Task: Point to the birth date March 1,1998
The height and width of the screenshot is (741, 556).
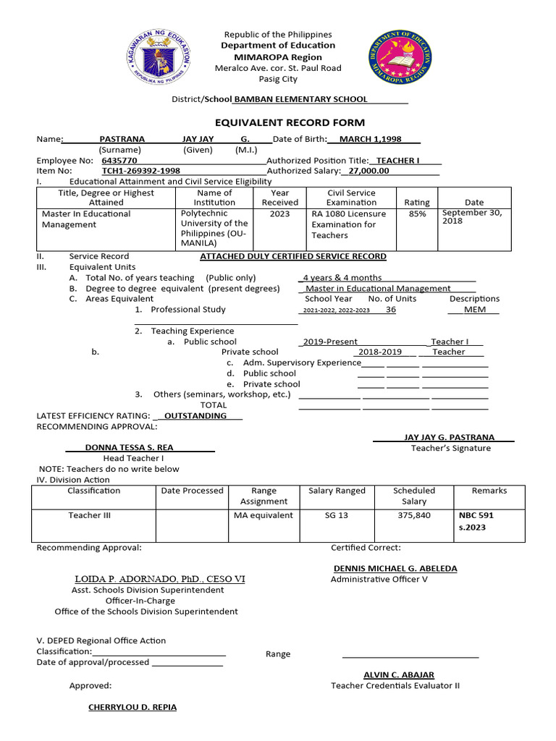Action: [370, 139]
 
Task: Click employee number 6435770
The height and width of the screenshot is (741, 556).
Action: [120, 160]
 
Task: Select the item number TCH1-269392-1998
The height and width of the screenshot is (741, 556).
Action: [141, 171]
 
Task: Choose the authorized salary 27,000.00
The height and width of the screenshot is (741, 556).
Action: [368, 171]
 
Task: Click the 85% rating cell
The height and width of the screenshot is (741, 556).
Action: [416, 214]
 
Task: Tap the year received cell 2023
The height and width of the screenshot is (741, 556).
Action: [279, 214]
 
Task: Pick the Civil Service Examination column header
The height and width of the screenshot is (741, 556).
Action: [351, 198]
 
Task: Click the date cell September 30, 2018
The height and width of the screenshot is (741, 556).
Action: [471, 216]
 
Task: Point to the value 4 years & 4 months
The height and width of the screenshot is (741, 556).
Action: [342, 278]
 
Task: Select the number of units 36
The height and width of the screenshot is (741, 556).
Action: [391, 309]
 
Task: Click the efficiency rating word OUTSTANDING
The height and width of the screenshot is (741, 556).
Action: [195, 416]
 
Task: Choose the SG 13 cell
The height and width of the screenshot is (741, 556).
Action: [337, 515]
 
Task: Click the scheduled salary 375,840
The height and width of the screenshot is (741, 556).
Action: [414, 515]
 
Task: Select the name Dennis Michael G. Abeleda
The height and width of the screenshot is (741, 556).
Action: [395, 569]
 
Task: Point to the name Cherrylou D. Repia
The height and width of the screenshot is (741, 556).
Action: [132, 707]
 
